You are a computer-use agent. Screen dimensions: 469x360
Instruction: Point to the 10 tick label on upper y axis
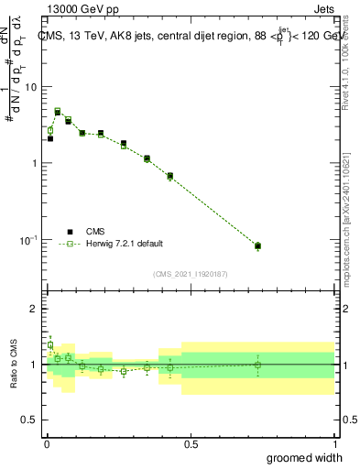click(30, 87)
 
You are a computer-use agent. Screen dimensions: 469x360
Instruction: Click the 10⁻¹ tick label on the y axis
click(28, 240)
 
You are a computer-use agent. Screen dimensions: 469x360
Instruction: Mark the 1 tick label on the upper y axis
click(34, 163)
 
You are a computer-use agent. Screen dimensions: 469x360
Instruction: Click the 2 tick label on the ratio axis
click(34, 309)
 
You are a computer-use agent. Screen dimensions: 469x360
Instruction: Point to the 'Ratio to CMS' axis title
click(12, 365)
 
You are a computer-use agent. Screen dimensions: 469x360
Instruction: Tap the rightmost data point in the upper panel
click(257, 245)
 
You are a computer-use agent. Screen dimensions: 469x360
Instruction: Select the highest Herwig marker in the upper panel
click(58, 111)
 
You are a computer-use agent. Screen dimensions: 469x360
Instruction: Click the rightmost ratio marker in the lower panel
click(257, 365)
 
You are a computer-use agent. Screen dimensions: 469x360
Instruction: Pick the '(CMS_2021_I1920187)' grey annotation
click(191, 274)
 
